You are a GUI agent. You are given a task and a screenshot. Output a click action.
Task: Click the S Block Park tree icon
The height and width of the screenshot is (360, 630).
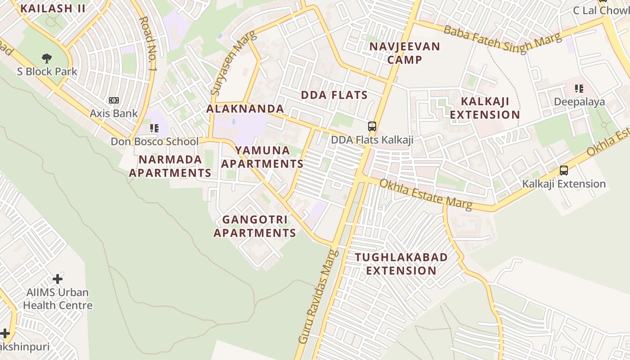point(46,58)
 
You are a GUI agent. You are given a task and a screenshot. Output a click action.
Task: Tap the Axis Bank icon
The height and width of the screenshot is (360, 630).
point(114,100)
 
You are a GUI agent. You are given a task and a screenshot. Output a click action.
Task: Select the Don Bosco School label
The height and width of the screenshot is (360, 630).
point(154,142)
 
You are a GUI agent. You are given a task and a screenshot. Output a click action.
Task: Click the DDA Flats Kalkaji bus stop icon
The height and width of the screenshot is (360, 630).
point(372,126)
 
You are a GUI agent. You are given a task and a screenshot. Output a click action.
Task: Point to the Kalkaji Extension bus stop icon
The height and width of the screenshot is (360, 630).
point(564,171)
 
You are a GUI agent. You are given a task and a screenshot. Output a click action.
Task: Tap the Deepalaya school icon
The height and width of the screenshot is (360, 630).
point(579,89)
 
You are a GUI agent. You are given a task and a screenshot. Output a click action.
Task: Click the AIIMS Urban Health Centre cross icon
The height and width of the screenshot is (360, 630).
point(58,279)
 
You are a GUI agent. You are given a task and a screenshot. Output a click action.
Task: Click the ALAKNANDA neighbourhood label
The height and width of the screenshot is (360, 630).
point(245,108)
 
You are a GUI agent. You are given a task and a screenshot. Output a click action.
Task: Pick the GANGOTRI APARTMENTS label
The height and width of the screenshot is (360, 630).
point(255,226)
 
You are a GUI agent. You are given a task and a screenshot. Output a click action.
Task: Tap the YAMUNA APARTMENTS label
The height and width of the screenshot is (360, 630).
point(262,157)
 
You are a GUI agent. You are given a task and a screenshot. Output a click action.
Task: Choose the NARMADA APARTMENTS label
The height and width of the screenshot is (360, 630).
point(170,166)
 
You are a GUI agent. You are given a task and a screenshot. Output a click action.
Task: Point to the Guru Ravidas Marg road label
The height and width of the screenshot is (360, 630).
point(318,297)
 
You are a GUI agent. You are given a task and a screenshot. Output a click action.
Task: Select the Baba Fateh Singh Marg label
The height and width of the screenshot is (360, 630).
point(503,39)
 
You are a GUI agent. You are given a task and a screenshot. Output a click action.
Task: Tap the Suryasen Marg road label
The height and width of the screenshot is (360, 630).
point(233,63)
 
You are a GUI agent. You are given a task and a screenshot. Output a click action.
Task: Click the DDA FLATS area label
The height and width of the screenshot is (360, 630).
point(334,95)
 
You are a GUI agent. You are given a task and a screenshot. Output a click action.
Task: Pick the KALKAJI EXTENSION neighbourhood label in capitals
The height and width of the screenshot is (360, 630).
point(485,108)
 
